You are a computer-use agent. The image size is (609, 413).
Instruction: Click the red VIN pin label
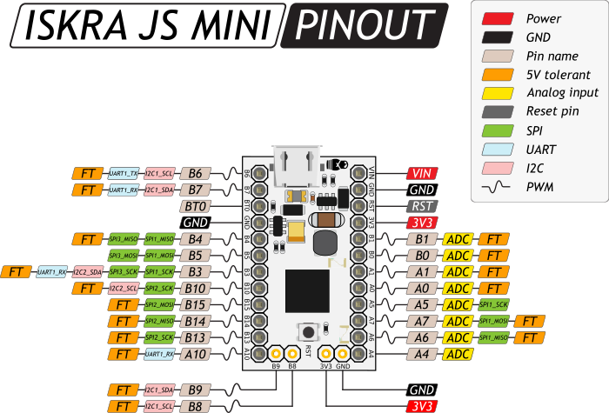coord(422,173)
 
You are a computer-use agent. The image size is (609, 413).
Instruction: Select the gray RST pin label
coord(422,206)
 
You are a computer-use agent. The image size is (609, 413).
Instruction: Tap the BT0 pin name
coord(195,206)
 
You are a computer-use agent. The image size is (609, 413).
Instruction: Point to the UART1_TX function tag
coord(124,173)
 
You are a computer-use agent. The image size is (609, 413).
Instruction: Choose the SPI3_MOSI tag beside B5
coord(124,255)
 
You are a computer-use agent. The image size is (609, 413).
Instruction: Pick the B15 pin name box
coord(195,304)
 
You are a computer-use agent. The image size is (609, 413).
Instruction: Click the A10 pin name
coord(195,354)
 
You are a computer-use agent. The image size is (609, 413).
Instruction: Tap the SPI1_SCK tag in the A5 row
coord(493,304)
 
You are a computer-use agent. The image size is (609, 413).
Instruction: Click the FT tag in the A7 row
coord(529,321)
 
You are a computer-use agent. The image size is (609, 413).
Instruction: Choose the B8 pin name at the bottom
coord(195,406)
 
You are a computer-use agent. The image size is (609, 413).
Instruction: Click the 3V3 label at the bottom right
coord(422,406)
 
